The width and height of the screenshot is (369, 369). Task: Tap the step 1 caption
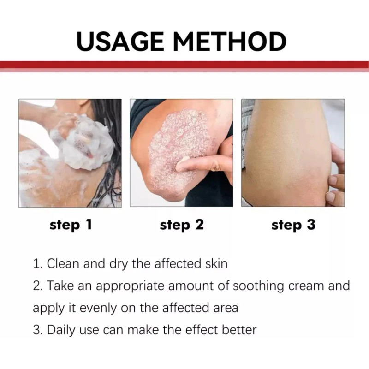pyautogui.click(x=71, y=225)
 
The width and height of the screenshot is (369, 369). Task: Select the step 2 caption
pyautogui.click(x=182, y=225)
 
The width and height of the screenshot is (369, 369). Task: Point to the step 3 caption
pyautogui.click(x=293, y=225)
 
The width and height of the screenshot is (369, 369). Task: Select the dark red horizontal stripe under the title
pyautogui.click(x=184, y=65)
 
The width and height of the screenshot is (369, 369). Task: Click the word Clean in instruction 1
pyautogui.click(x=64, y=264)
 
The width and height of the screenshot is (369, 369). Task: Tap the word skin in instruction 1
pyautogui.click(x=216, y=264)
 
